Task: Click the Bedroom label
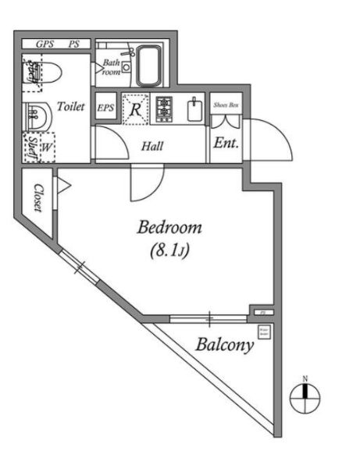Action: click(169, 228)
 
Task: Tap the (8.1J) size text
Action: click(169, 251)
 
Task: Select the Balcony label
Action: click(224, 345)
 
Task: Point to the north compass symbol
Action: click(305, 398)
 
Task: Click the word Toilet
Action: click(72, 107)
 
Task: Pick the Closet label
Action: click(37, 198)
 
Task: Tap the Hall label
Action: click(151, 145)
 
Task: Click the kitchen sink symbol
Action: click(194, 108)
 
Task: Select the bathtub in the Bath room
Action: click(147, 66)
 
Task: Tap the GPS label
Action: click(34, 44)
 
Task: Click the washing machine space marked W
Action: click(45, 146)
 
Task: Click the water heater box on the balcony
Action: click(264, 333)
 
